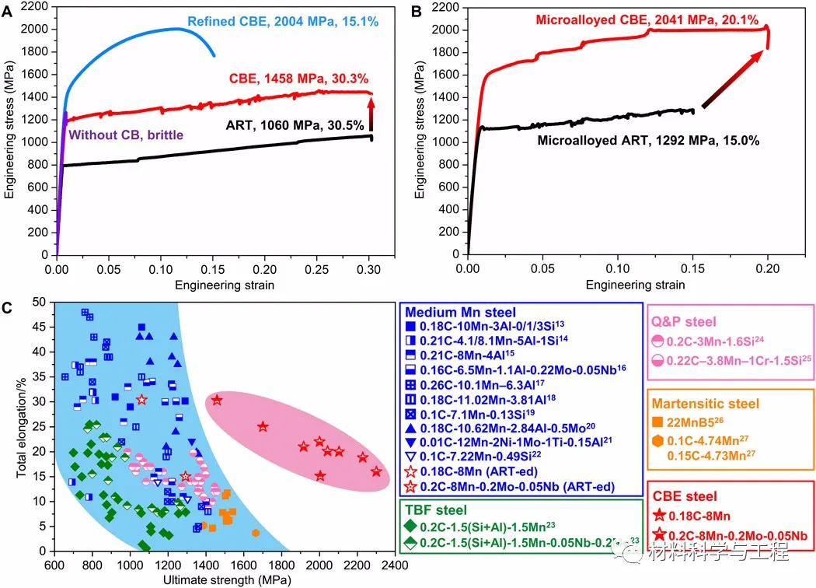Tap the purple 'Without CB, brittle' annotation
127,135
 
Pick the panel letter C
8,307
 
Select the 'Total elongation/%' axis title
23,425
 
